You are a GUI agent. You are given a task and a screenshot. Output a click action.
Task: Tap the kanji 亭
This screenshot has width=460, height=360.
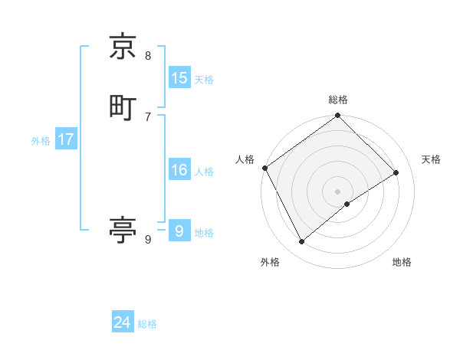(x=123, y=229)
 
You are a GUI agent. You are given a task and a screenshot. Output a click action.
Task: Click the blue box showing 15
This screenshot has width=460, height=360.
(x=179, y=78)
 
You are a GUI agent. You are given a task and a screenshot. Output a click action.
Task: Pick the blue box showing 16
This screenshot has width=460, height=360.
(x=179, y=171)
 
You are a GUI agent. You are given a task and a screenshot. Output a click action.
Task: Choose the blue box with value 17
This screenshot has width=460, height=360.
(x=65, y=140)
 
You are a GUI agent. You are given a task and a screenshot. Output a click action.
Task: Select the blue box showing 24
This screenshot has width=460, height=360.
(x=123, y=322)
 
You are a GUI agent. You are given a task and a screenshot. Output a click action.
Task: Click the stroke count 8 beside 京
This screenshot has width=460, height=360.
(x=148, y=55)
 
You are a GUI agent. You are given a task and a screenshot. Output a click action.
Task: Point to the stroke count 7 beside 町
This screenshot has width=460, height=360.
(x=148, y=116)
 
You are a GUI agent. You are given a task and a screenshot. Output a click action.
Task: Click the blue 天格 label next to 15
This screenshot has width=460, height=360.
(x=204, y=80)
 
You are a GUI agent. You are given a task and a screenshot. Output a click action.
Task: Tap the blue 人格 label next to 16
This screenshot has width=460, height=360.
(x=204, y=172)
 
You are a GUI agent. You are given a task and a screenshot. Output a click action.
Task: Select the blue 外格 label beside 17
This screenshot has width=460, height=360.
(x=41, y=141)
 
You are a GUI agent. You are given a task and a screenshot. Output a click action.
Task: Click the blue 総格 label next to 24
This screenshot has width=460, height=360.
(x=147, y=324)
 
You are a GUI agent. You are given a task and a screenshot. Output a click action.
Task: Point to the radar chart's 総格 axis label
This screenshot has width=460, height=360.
(x=338, y=100)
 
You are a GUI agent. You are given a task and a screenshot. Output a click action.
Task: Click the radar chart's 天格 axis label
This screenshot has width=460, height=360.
(x=431, y=159)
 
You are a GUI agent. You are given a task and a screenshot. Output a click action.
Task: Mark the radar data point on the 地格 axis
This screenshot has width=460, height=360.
(x=347, y=204)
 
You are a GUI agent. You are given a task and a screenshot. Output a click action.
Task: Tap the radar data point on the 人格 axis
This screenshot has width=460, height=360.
(x=264, y=168)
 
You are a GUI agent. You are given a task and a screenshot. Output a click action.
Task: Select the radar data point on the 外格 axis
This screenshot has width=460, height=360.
(x=302, y=242)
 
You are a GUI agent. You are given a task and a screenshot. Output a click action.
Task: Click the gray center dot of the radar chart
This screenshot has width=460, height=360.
(x=338, y=191)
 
